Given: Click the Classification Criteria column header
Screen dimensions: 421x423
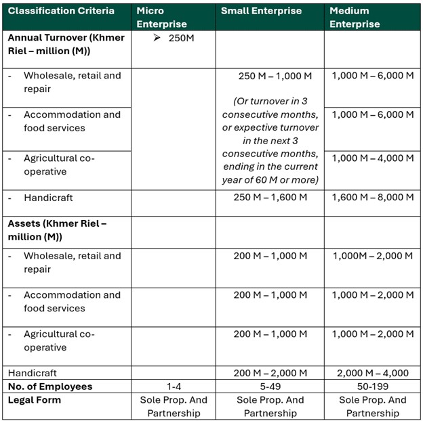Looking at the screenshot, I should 61,11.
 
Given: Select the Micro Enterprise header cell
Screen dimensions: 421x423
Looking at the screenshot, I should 161,18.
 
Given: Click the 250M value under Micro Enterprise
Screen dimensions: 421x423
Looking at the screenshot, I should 181,38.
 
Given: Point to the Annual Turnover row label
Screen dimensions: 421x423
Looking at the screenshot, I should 66,44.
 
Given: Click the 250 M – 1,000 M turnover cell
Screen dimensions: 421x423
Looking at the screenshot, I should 270,75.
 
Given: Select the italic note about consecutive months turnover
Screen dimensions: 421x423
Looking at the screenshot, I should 270,140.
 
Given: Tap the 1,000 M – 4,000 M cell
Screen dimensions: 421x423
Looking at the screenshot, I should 372,158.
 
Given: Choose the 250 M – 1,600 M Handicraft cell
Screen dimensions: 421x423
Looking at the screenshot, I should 270,198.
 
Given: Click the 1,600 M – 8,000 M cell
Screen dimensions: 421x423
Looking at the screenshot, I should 372,198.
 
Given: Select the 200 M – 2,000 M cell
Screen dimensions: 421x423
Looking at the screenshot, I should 270,373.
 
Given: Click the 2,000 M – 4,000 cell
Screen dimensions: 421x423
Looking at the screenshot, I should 372,373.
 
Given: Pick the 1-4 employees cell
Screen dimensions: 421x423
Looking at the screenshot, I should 173,386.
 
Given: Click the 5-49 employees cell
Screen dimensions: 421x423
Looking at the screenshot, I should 270,386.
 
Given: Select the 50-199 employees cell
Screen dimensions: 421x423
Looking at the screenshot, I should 372,386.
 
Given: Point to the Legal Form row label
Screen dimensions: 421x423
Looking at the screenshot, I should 35,400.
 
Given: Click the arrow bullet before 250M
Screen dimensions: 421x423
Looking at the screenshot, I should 157,38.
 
